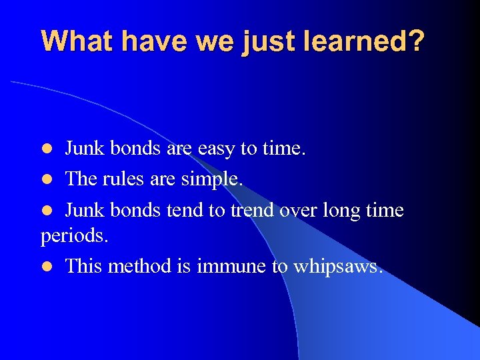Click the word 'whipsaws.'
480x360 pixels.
(x=337, y=267)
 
